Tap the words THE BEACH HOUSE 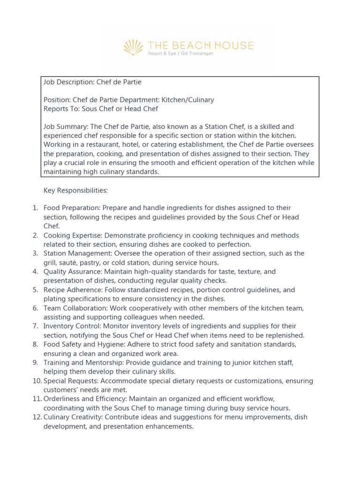point(200,45)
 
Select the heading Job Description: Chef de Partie point(92,82)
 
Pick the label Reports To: point(62,109)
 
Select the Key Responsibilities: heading point(75,190)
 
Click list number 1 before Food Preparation point(35,208)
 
